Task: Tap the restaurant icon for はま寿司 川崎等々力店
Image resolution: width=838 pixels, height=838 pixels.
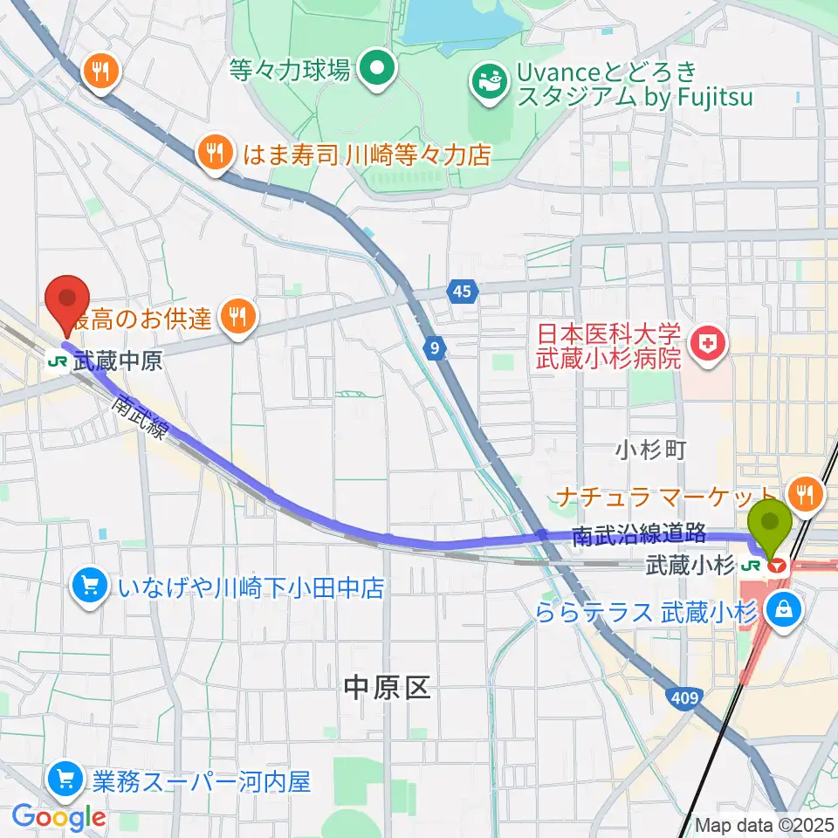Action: (x=214, y=155)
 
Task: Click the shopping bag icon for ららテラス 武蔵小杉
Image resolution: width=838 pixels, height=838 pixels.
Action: (x=784, y=611)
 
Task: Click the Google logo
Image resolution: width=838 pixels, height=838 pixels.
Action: (x=58, y=817)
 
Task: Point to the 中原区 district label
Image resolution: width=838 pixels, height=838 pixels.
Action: (x=387, y=689)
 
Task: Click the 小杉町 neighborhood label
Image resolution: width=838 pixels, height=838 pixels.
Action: (x=650, y=450)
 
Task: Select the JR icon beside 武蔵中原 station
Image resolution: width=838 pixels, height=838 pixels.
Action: (x=59, y=361)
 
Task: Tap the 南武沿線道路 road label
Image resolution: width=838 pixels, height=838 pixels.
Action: (x=639, y=535)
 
